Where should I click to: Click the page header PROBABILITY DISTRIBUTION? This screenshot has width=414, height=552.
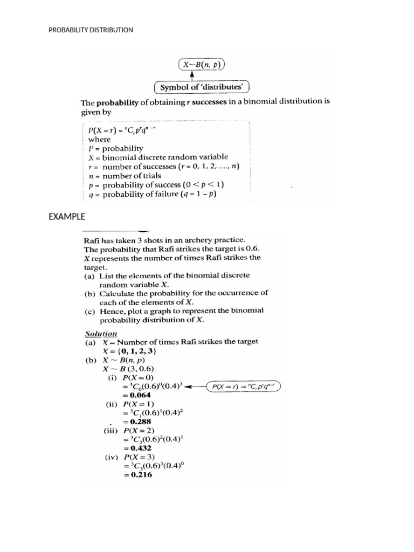point(90,30)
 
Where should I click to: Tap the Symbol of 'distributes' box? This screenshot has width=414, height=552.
point(202,87)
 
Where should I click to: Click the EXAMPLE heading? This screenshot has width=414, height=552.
point(67,217)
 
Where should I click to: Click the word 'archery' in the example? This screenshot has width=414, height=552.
point(198,239)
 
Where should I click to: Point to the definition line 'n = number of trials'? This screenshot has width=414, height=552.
point(125,176)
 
